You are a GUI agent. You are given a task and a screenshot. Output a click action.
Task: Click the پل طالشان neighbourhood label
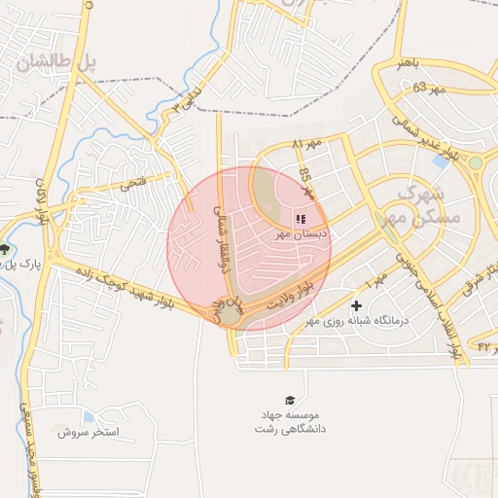57,62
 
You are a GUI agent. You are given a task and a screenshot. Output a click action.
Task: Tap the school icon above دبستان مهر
300,219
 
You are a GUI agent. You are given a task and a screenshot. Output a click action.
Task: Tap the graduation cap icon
289,400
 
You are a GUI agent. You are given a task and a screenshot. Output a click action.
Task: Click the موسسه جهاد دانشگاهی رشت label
289,421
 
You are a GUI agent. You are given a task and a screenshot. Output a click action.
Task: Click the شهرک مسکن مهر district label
420,203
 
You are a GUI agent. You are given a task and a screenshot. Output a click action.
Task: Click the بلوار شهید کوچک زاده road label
138,284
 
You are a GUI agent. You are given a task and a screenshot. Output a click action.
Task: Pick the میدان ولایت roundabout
229,313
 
